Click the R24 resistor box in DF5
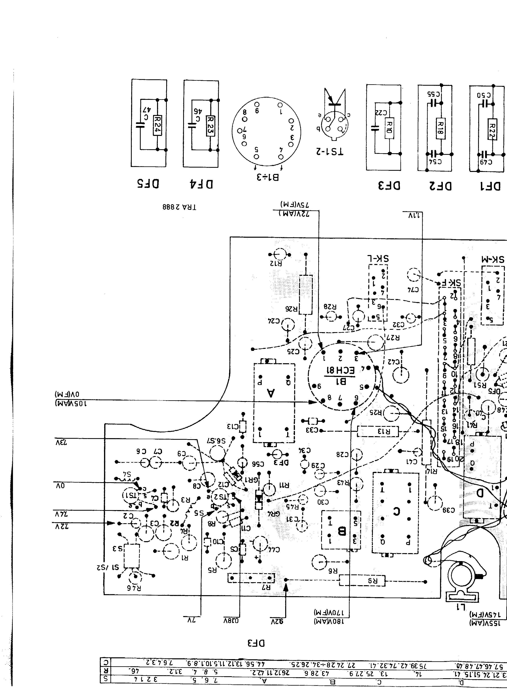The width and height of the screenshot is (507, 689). (157, 125)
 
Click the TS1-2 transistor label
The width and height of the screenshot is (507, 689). (329, 151)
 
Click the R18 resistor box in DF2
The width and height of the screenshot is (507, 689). (440, 128)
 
